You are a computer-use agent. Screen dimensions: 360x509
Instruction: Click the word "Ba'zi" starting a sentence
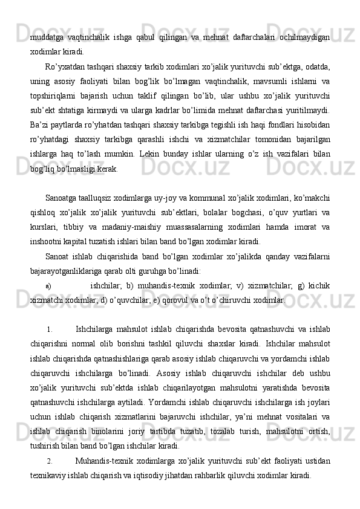(x=38, y=125)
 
